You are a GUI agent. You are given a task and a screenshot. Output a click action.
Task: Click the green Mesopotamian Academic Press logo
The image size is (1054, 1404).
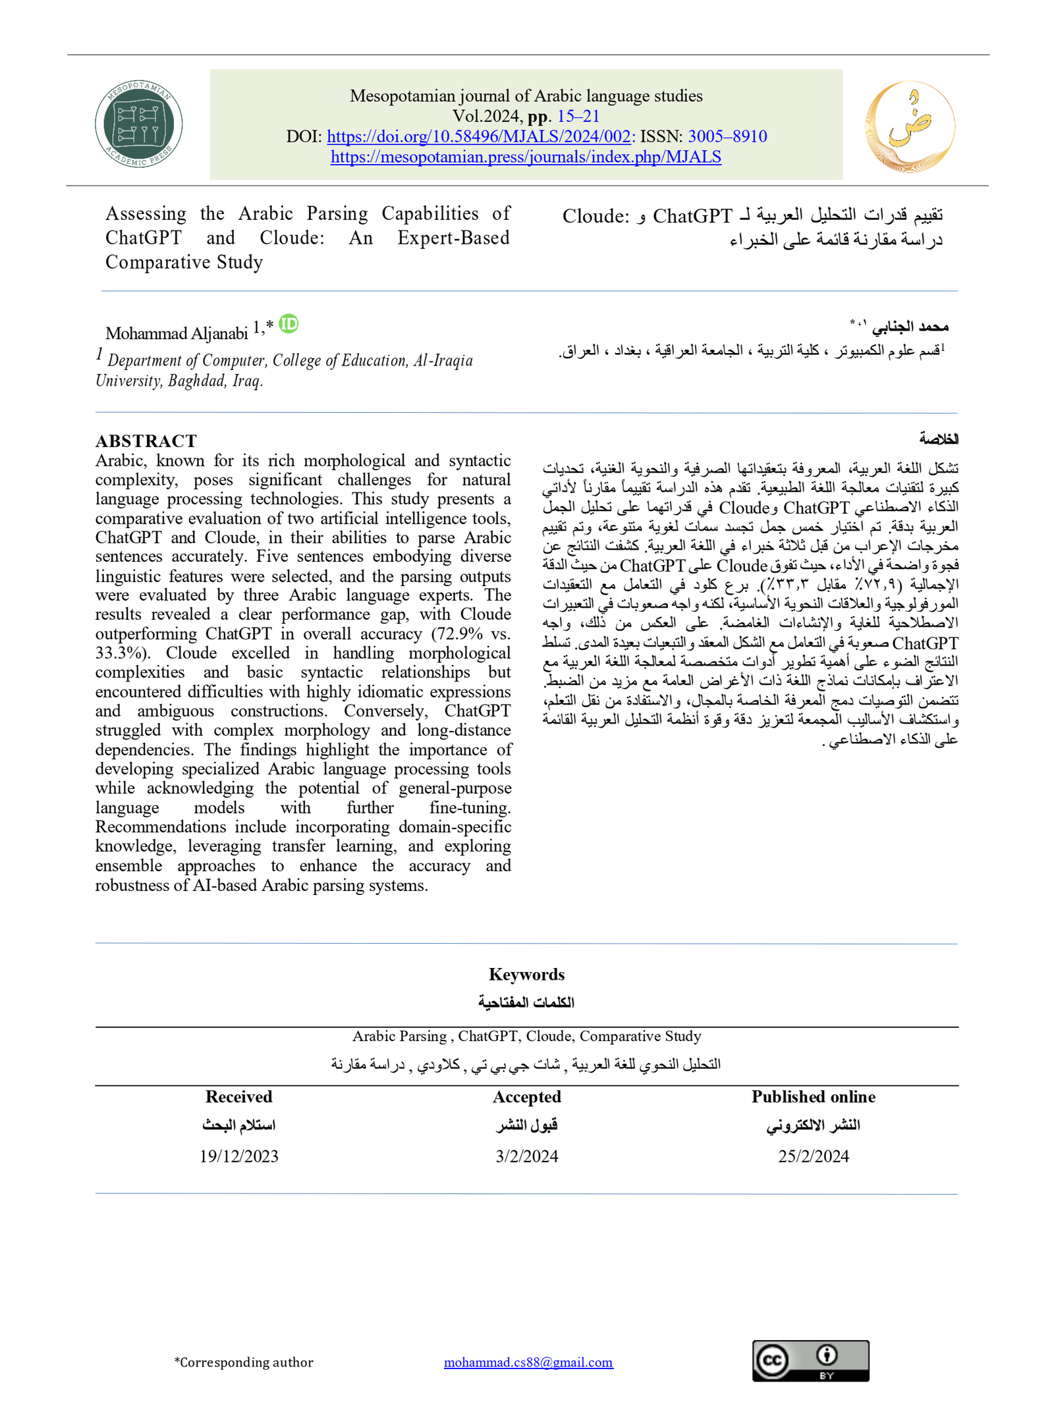(x=138, y=124)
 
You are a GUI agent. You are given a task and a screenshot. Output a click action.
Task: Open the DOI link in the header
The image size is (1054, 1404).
(x=479, y=136)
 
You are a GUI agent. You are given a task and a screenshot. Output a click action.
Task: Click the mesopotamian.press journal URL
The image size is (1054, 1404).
(x=526, y=157)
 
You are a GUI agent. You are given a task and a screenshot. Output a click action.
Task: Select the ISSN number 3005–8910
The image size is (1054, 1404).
(x=727, y=136)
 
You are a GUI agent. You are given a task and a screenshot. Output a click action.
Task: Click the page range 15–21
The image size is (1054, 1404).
(x=578, y=116)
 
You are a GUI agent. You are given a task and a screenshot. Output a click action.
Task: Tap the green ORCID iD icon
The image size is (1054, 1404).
(x=289, y=323)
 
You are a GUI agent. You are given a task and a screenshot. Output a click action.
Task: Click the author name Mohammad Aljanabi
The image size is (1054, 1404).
(x=177, y=333)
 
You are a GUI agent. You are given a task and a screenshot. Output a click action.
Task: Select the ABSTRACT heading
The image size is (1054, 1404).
(x=146, y=441)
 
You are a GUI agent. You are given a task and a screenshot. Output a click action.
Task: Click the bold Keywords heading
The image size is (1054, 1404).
(x=526, y=974)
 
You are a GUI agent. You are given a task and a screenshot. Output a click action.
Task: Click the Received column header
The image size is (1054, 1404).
(x=238, y=1096)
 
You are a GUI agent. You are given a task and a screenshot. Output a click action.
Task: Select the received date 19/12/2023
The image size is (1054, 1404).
(x=238, y=1156)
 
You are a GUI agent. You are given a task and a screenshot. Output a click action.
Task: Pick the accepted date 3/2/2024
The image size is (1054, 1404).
(x=526, y=1156)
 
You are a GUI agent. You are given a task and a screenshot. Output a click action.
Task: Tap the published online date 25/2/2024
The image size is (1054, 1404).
(x=813, y=1156)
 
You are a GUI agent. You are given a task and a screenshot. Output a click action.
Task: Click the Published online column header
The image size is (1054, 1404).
(x=813, y=1096)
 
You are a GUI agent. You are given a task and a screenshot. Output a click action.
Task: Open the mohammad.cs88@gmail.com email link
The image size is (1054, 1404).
(x=528, y=1362)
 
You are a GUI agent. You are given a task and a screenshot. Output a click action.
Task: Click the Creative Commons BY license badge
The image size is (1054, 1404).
(x=810, y=1361)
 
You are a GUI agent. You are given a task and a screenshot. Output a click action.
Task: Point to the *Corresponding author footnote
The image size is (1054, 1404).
(x=244, y=1362)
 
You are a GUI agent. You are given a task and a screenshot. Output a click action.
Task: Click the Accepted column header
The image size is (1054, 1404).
(x=526, y=1096)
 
